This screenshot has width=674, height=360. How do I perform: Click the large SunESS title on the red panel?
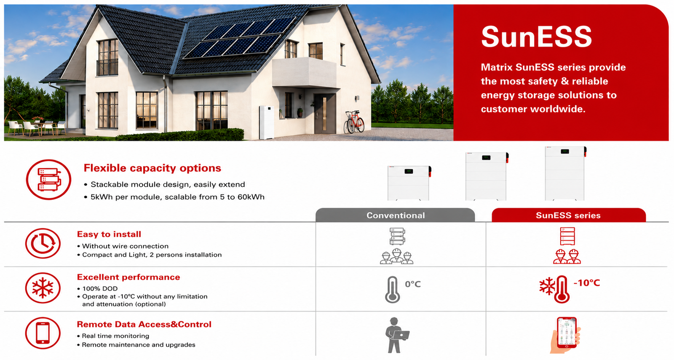pyautogui.click(x=537, y=37)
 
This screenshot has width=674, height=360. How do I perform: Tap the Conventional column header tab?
pyautogui.click(x=395, y=215)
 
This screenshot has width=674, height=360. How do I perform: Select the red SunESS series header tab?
pyautogui.click(x=568, y=215)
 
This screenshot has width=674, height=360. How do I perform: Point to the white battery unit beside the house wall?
pyautogui.click(x=267, y=122)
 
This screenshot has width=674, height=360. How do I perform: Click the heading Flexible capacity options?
pyautogui.click(x=152, y=168)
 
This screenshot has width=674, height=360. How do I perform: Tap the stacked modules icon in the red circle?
pyautogui.click(x=48, y=180)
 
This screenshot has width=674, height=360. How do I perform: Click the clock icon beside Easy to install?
pyautogui.click(x=43, y=243)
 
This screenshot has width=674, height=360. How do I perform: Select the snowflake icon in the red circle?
pyautogui.click(x=43, y=288)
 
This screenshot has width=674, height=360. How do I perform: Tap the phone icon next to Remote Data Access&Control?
pyautogui.click(x=43, y=333)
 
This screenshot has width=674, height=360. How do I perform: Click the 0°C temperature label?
pyautogui.click(x=412, y=284)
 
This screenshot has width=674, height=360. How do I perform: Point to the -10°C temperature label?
pyautogui.click(x=587, y=283)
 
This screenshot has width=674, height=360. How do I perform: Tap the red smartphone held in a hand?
pyautogui.click(x=567, y=332)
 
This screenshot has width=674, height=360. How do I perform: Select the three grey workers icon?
pyautogui.click(x=396, y=256)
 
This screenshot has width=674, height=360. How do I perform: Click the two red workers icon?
pyautogui.click(x=567, y=256)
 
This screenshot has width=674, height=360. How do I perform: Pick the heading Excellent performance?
pyautogui.click(x=128, y=277)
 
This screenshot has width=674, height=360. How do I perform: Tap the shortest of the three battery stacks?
pyautogui.click(x=409, y=183)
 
